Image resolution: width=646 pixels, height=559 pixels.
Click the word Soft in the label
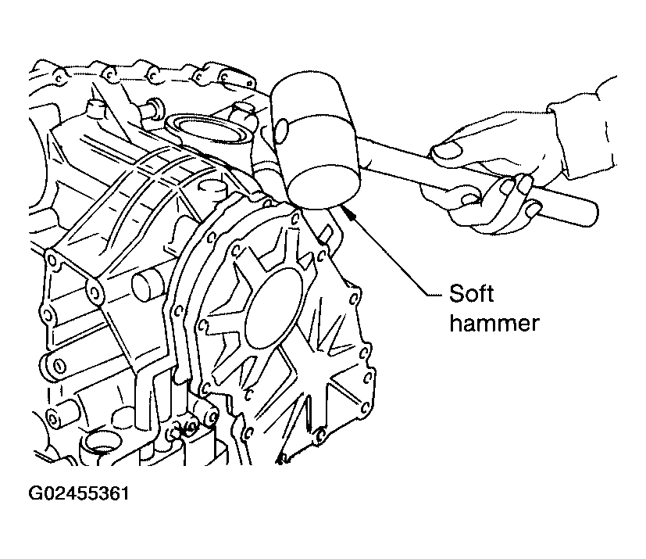(471, 293)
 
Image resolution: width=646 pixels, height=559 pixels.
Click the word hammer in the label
(494, 323)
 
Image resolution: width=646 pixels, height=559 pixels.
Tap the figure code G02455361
(79, 493)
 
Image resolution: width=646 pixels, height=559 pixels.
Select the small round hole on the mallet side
(283, 131)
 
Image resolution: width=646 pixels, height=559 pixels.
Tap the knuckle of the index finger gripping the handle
(468, 201)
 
